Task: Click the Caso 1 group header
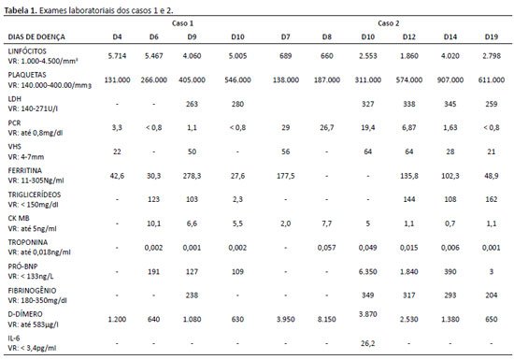coord(182,23)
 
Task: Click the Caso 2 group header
coord(388,23)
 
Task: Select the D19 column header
coord(491,36)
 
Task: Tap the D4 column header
coord(117,36)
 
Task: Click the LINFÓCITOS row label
coord(27,51)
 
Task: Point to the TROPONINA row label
coord(28,242)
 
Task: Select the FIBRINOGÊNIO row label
coord(32,291)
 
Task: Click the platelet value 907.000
coord(450,79)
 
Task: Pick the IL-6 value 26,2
coord(368,343)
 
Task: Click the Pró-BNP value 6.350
coord(368,271)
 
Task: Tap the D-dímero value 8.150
coord(326,319)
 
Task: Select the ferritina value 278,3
coord(192,176)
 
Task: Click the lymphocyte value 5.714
coord(117,56)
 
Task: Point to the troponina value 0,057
coord(326,248)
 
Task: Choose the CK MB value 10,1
coord(154,223)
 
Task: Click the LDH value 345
coord(450,104)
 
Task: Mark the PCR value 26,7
coord(326,127)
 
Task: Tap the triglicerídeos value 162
coord(491,199)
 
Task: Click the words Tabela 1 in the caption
coord(21,10)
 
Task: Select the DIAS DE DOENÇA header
coord(36,36)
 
